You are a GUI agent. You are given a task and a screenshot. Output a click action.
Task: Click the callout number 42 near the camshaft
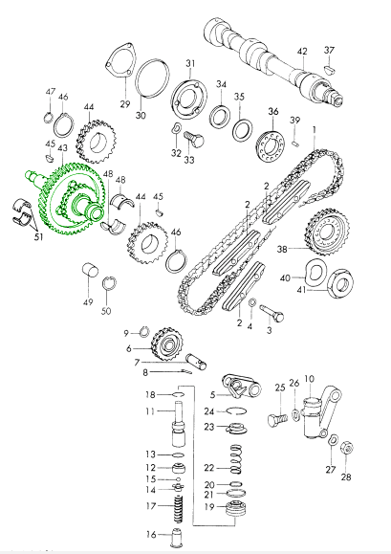click(302, 52)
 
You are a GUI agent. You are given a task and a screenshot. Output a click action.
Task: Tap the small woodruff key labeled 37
click(330, 69)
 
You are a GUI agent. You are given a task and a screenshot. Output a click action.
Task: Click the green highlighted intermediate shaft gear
click(67, 201)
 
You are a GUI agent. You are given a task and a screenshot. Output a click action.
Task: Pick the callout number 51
click(38, 236)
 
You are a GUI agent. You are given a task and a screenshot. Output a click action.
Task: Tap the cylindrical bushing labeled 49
click(90, 271)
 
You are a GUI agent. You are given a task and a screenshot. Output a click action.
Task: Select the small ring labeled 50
click(109, 284)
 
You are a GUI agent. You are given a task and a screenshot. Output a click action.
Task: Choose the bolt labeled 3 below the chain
click(272, 313)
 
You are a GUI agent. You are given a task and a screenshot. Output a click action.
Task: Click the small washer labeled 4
click(252, 302)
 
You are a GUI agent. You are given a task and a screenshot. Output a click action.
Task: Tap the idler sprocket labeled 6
click(167, 344)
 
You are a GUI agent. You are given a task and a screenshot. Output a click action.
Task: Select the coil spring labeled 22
click(236, 459)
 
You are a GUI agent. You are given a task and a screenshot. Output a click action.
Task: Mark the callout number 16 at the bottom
click(151, 535)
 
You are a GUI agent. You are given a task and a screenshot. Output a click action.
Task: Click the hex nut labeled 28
click(347, 449)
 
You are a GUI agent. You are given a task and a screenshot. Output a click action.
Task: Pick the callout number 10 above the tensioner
click(309, 379)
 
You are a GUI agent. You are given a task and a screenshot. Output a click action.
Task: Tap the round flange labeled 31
click(189, 97)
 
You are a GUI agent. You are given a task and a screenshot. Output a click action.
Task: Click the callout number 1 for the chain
click(315, 130)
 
